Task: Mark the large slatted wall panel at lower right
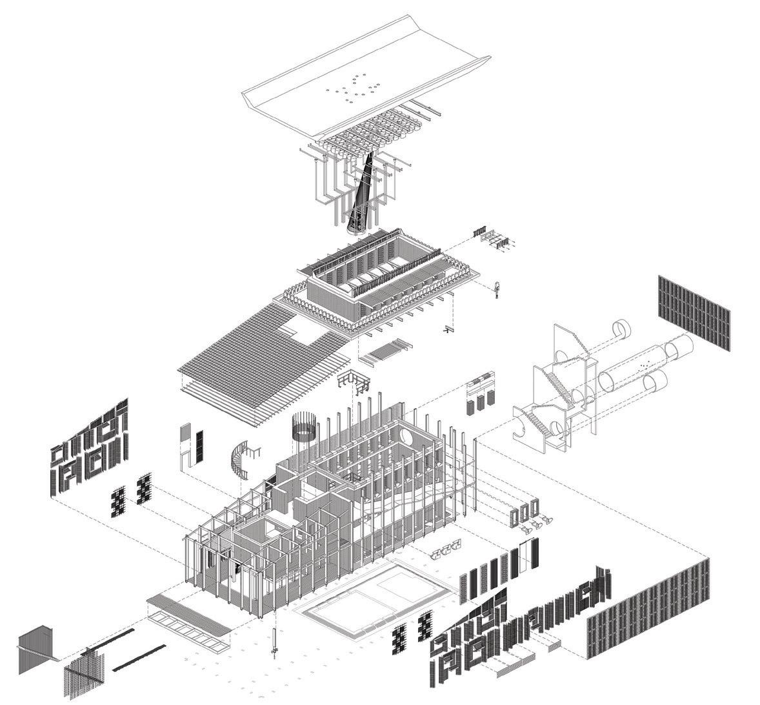pyautogui.click(x=648, y=610)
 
